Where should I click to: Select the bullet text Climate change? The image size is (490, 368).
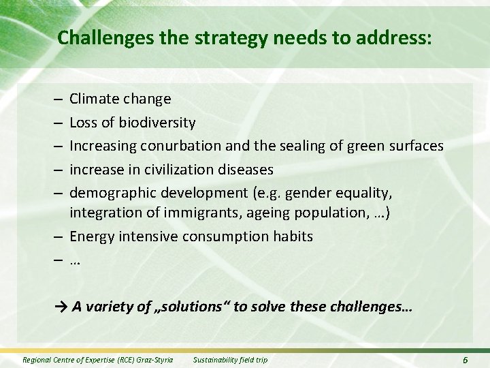point(120,99)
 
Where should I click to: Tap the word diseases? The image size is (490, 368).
point(248,168)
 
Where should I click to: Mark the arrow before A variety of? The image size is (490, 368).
point(61,307)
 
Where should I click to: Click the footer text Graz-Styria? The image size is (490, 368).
point(154,359)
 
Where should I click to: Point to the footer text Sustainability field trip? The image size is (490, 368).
point(231,359)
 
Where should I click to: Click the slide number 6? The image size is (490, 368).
point(465,359)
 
